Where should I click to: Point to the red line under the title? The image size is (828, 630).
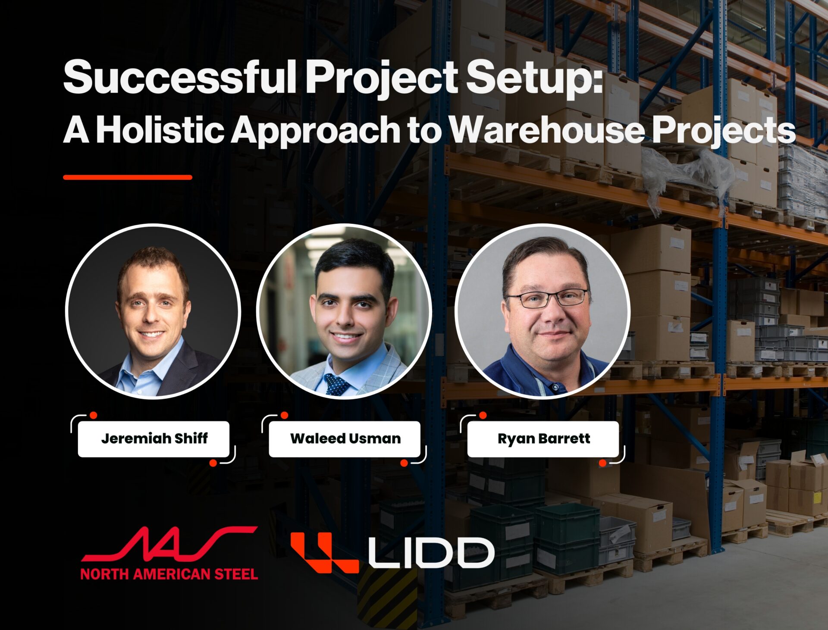(x=128, y=177)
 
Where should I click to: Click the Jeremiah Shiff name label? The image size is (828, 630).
(x=154, y=439)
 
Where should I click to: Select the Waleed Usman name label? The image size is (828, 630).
(x=345, y=439)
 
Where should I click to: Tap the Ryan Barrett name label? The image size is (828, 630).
(x=543, y=439)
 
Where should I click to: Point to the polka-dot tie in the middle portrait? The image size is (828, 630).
(x=336, y=384)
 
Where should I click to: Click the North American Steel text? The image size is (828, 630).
(x=169, y=574)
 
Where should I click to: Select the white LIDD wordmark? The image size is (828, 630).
(x=432, y=552)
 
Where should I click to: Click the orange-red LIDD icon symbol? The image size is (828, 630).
(x=324, y=552)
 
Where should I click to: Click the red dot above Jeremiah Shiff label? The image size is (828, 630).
(x=93, y=415)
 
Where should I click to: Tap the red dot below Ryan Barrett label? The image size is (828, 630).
(x=603, y=463)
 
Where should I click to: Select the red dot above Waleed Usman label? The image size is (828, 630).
(x=284, y=415)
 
